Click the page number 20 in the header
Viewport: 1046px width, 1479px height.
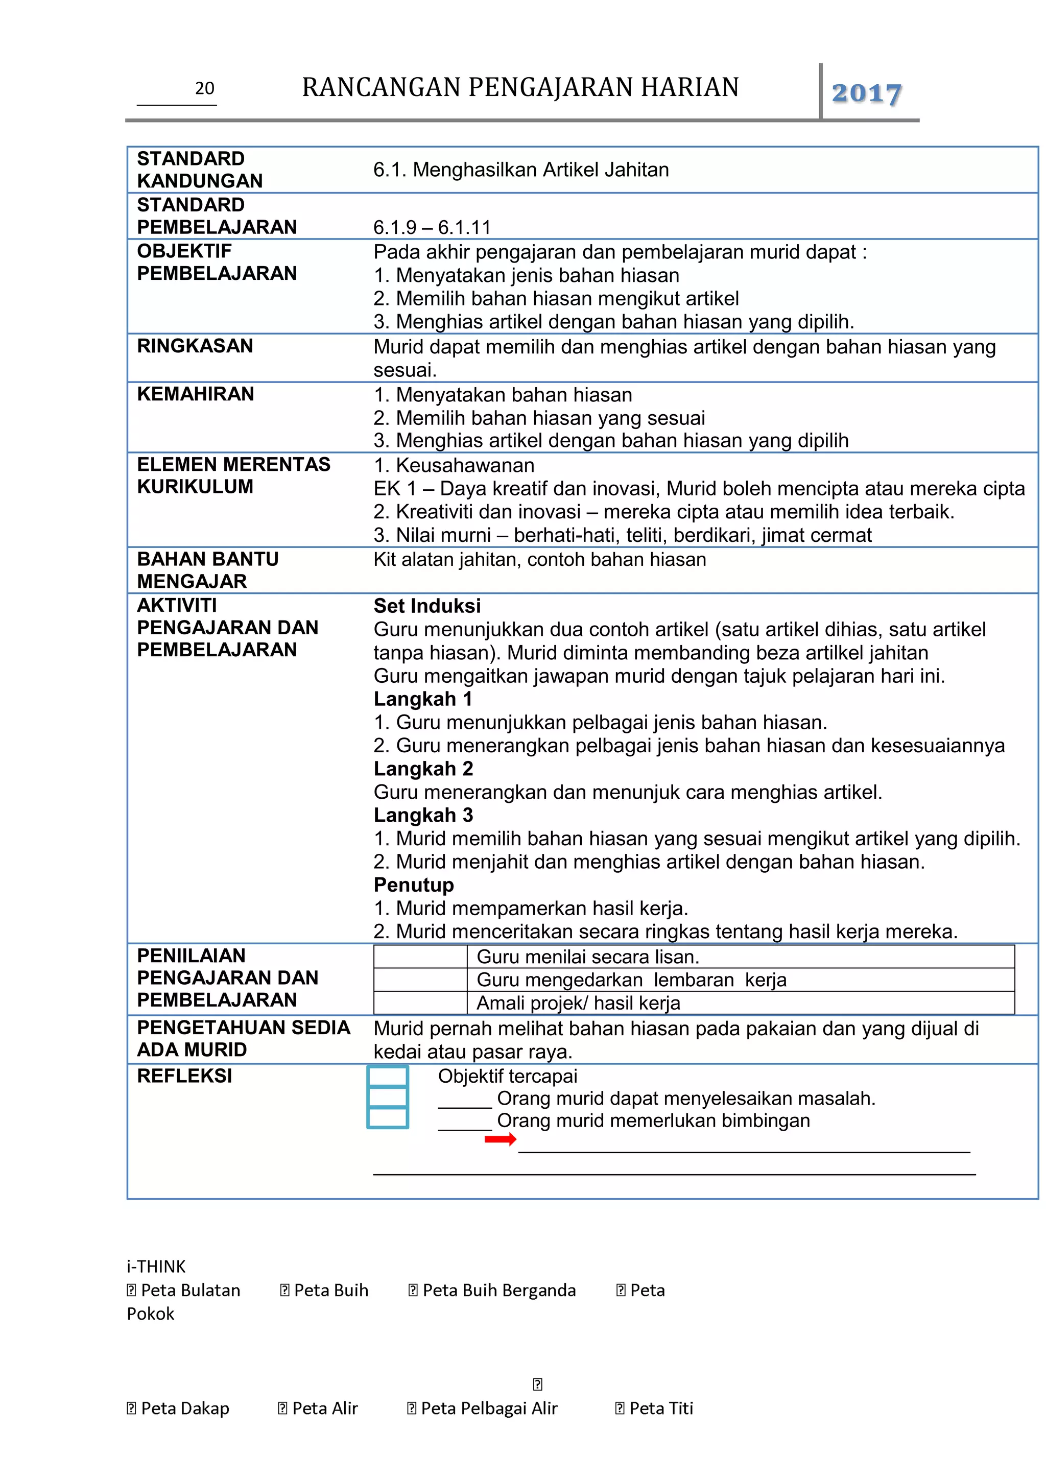(204, 88)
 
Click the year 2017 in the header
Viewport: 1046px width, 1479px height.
(866, 93)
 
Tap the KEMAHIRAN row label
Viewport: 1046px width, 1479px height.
(196, 394)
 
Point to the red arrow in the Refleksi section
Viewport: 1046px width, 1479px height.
(500, 1139)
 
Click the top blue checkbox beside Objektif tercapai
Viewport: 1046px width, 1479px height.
(387, 1076)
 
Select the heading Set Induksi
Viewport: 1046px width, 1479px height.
(427, 606)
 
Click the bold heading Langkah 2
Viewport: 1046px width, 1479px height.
(423, 769)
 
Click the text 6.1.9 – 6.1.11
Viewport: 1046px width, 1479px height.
(432, 227)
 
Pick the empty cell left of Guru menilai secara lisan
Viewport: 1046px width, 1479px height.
(420, 957)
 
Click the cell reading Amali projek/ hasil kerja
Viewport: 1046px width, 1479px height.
(578, 1003)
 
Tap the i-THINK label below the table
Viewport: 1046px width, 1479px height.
(156, 1267)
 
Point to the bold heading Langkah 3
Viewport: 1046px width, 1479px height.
(423, 815)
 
